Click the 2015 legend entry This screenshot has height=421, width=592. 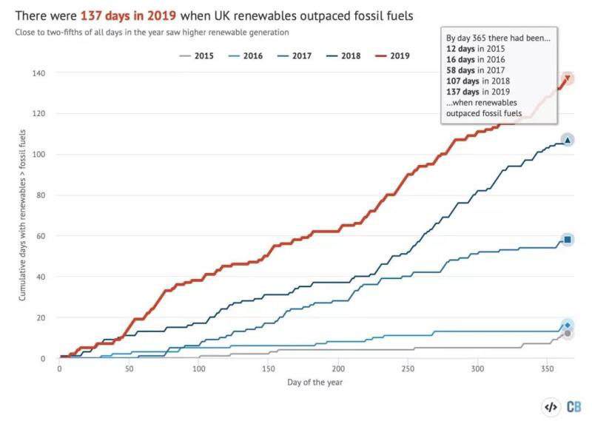[x=198, y=55]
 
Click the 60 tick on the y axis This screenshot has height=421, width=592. [x=44, y=236]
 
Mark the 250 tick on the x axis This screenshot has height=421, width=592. [x=408, y=368]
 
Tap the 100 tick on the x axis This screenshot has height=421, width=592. [x=198, y=368]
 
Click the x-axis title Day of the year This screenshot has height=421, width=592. [x=315, y=383]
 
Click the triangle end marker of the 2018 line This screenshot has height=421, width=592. [x=568, y=140]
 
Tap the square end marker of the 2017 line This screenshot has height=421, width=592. [x=568, y=239]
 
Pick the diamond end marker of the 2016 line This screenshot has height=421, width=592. [x=568, y=326]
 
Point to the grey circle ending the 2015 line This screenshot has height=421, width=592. [x=568, y=334]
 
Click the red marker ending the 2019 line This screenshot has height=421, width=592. [x=568, y=78]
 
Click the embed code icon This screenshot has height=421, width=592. [x=550, y=406]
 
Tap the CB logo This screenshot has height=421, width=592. [x=573, y=406]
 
